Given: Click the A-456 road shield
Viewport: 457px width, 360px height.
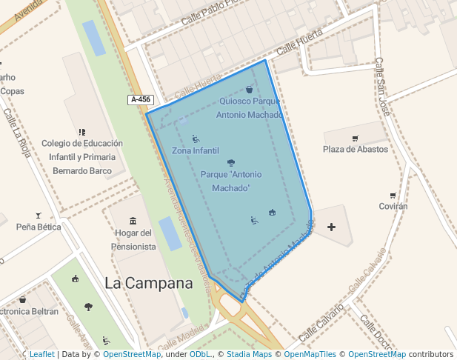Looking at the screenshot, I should [x=141, y=99].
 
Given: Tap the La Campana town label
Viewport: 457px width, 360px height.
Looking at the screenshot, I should [x=148, y=283].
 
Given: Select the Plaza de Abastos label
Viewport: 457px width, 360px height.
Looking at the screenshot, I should [x=355, y=149].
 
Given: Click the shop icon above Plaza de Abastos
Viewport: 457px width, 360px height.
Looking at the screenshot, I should [x=355, y=138].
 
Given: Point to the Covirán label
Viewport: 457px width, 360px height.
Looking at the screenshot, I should [x=393, y=207].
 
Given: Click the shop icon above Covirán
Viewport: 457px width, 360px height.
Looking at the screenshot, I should [x=393, y=196].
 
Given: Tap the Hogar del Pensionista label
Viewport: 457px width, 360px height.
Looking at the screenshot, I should [x=135, y=239].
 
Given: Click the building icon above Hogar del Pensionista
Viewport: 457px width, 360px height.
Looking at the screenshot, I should [x=133, y=221].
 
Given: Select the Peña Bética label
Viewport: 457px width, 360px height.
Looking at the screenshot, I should [x=39, y=227].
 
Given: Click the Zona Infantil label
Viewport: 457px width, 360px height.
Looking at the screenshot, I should [x=196, y=150].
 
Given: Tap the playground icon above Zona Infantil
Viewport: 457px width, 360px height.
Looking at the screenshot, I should [x=196, y=139].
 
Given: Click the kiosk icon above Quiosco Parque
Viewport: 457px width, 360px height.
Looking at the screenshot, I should [x=250, y=90].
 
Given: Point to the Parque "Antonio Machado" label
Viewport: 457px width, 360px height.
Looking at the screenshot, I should [x=231, y=181].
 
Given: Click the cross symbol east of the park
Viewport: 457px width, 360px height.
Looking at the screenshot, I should [x=331, y=227].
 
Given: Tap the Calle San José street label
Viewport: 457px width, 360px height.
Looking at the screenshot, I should [x=381, y=87].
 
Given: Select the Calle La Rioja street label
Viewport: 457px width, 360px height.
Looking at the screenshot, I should [x=17, y=133].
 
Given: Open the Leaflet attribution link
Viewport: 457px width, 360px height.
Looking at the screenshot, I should [x=41, y=354].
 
